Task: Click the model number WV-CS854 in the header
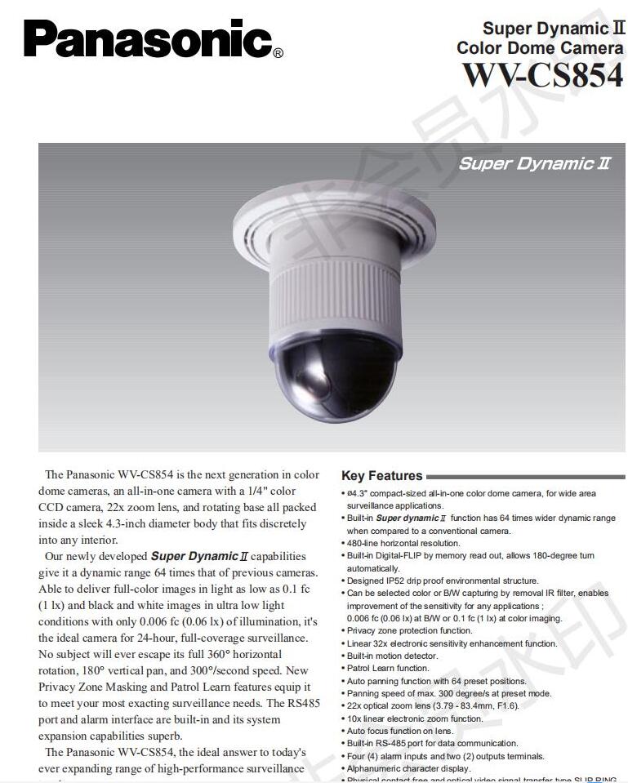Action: (542, 75)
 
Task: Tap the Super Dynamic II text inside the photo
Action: (534, 163)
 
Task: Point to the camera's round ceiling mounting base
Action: (327, 220)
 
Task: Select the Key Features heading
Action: (381, 476)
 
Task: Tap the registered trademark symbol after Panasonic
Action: (278, 54)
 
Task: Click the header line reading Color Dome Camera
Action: (539, 48)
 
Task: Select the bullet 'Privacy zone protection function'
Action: (409, 631)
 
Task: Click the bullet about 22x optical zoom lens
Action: (432, 705)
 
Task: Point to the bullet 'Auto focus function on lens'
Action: (400, 731)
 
